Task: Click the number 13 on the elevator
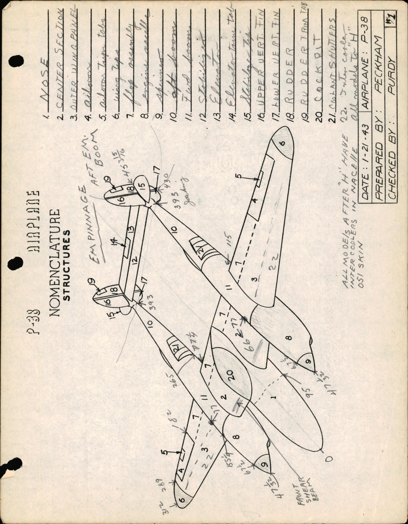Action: tap(131, 229)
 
